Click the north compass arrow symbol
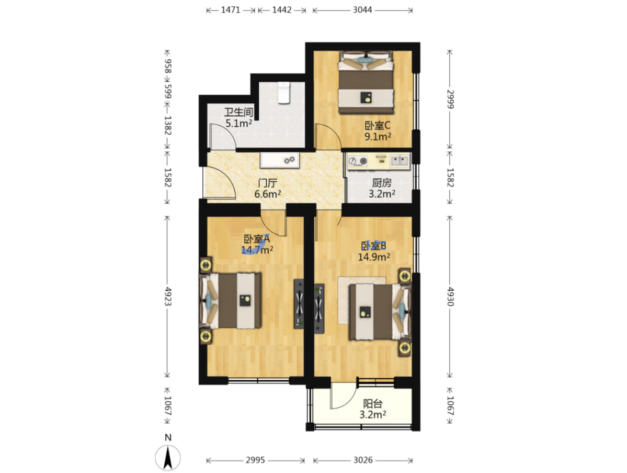(x=168, y=457)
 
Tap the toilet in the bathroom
(x=283, y=93)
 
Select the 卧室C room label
(x=377, y=126)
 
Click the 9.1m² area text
(x=378, y=137)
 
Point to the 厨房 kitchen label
(x=381, y=183)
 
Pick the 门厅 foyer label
(x=268, y=183)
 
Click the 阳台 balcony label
(x=373, y=404)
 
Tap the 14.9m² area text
(x=374, y=257)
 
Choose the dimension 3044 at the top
(x=362, y=10)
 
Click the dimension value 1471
(x=231, y=10)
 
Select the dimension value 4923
(x=168, y=296)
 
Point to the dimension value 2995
(x=255, y=460)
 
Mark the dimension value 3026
(x=363, y=460)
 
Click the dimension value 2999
(x=450, y=99)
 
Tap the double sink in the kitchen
(x=400, y=161)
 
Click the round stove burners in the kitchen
(x=358, y=161)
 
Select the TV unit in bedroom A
(x=299, y=304)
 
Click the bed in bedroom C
(x=366, y=82)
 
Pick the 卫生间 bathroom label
(x=238, y=112)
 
